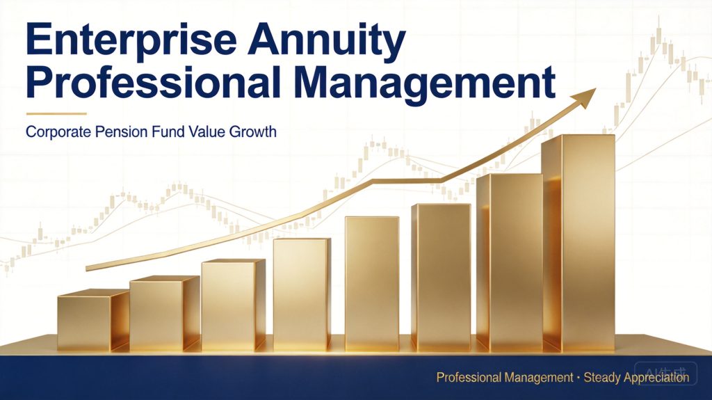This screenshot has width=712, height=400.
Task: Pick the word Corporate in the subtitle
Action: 58,132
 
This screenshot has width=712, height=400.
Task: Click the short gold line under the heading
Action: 56,113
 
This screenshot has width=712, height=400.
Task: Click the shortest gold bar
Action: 93,321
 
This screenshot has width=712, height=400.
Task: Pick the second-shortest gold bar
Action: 164,314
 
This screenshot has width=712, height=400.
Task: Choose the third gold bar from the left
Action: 234,305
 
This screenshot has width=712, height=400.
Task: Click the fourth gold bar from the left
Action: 302,294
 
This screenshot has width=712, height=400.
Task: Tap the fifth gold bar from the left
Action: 372,284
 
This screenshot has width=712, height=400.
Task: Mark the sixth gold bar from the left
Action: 441,278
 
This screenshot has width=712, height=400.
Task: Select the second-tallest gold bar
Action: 510,263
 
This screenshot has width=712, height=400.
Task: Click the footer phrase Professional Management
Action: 505,378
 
